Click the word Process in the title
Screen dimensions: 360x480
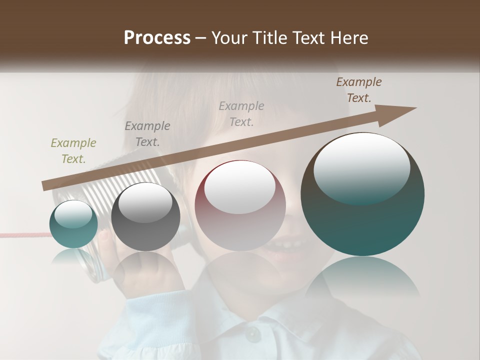click(157, 38)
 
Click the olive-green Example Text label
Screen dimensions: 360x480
click(73, 151)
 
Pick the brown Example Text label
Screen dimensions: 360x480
click(359, 90)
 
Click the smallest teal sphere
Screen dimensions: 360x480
click(73, 224)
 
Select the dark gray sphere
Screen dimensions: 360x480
click(145, 217)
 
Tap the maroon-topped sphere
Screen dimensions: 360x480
click(240, 205)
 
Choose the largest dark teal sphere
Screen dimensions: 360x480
click(362, 194)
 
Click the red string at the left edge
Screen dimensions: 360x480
click(20, 234)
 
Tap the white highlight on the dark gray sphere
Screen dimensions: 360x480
click(145, 203)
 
